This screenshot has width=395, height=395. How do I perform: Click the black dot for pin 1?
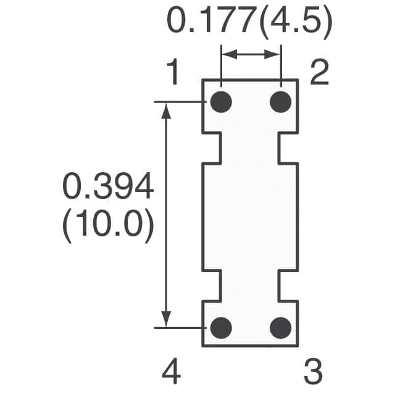click(221, 102)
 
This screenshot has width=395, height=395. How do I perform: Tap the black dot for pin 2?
click(281, 102)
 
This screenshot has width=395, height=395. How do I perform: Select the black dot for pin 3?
click(281, 327)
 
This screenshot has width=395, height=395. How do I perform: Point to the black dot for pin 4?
click(221, 327)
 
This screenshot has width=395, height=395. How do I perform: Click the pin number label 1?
click(173, 74)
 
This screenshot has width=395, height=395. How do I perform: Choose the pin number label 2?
click(319, 74)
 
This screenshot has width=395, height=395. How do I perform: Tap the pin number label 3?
click(313, 372)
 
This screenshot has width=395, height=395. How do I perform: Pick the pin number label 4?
click(172, 372)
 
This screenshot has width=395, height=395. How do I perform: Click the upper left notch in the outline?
click(212, 148)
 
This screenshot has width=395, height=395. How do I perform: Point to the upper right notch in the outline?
click(289, 148)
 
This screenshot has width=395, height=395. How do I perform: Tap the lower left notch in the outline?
click(212, 285)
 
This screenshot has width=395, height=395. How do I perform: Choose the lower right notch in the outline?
click(289, 285)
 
